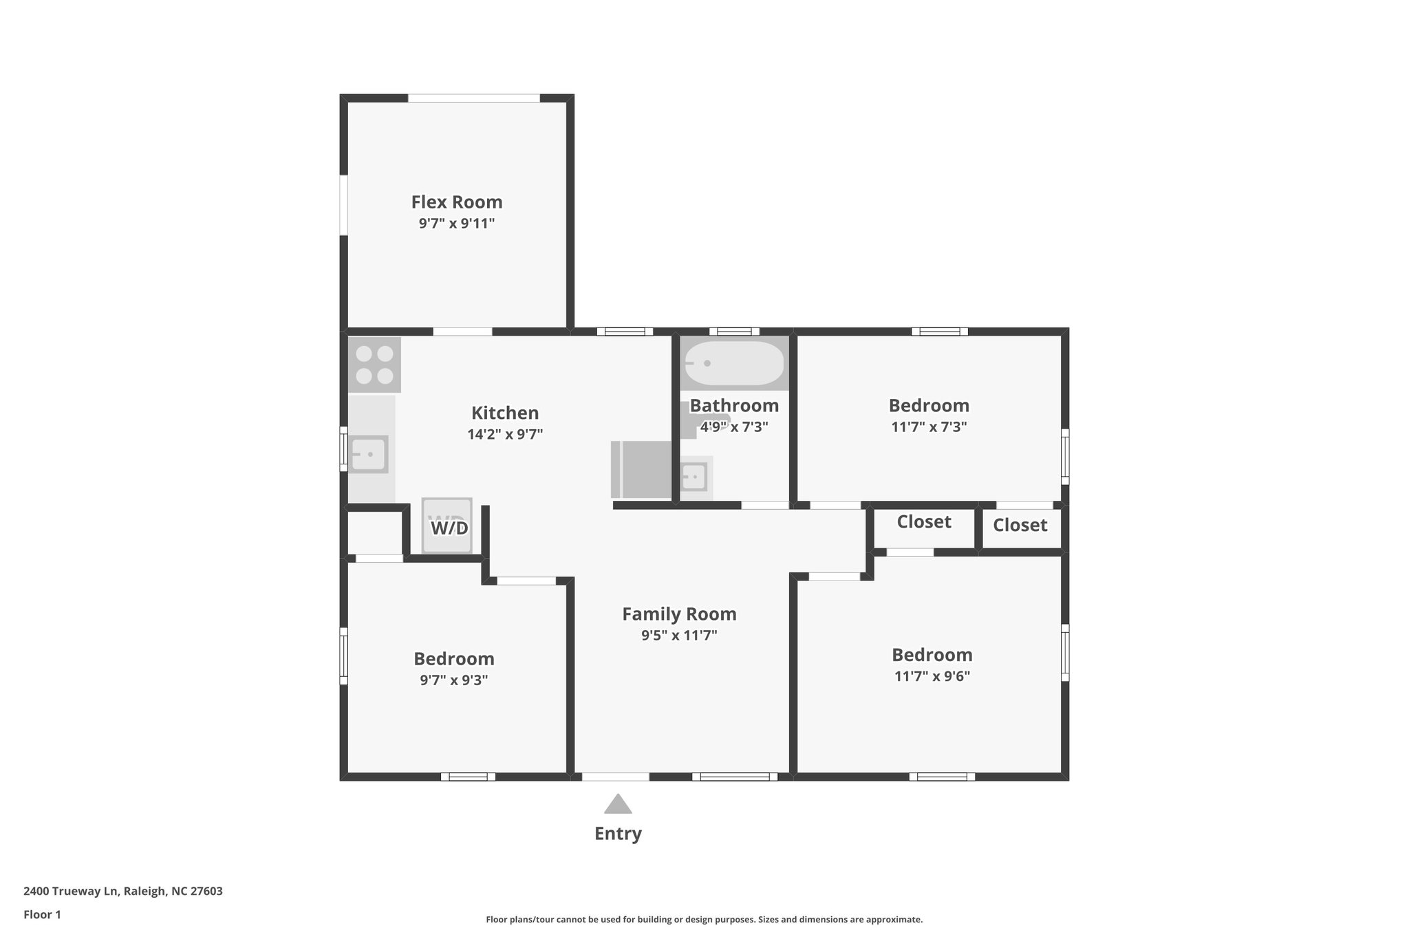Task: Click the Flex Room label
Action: pos(457,202)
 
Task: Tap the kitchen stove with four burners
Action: pos(374,365)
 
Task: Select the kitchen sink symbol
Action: pos(369,454)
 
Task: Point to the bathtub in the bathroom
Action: pos(733,363)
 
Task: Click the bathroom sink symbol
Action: pos(693,476)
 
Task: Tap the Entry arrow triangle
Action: pos(618,804)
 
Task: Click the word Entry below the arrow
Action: pos(618,834)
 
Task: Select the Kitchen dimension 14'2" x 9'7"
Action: pos(505,435)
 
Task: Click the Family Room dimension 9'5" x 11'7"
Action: pos(679,636)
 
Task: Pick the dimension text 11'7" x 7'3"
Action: pos(929,427)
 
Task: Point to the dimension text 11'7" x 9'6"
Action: pos(932,676)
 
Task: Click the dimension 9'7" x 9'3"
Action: pos(453,680)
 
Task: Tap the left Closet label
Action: pos(924,522)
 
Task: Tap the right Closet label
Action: pos(1020,526)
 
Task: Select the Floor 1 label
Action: pos(42,914)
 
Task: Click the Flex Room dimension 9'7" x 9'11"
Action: pos(457,224)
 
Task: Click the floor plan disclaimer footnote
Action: pos(704,919)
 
